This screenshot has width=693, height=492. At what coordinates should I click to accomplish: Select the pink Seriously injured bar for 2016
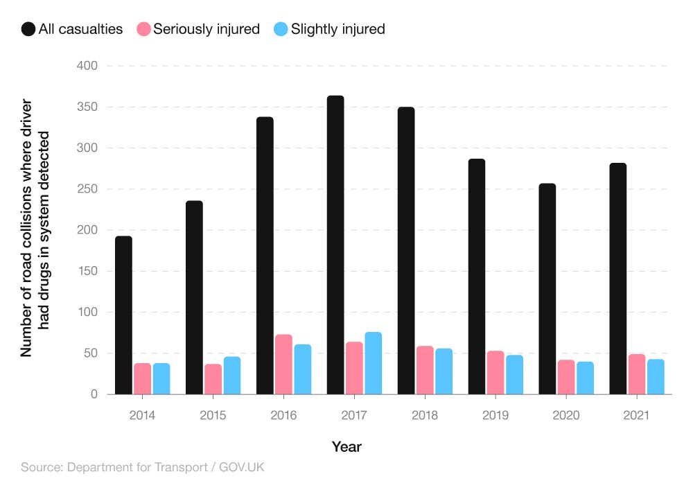[x=283, y=364]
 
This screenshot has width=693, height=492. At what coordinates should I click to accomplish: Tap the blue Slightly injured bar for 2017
[x=373, y=363]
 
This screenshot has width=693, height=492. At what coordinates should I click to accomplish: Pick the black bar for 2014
[x=123, y=315]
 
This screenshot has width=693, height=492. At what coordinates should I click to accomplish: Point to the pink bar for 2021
[x=637, y=374]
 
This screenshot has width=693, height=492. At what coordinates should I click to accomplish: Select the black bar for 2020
[x=547, y=289]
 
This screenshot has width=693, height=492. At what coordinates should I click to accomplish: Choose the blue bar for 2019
[x=514, y=375]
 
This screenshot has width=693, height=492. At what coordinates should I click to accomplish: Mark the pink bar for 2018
[x=425, y=370]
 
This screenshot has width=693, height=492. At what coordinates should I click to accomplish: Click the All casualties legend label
[x=81, y=29]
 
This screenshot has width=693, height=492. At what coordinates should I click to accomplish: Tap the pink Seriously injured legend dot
[x=143, y=29]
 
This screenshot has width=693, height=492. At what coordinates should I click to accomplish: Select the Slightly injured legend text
[x=337, y=29]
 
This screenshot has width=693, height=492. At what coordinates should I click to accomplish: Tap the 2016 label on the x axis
[x=283, y=415]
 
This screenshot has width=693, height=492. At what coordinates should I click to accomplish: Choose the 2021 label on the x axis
[x=636, y=415]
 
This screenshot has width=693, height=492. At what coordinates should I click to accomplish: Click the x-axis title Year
[x=346, y=447]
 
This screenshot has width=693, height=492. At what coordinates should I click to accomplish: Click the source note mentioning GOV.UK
[x=143, y=468]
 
